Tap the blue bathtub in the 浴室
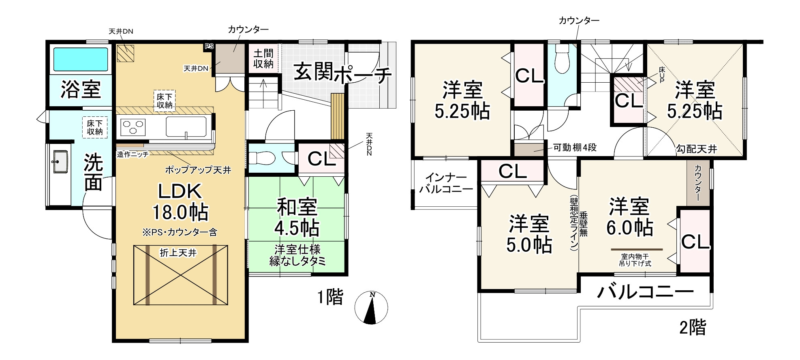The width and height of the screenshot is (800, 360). (81, 60)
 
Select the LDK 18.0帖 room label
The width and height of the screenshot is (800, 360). (180, 201)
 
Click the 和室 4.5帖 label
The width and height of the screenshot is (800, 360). (297, 217)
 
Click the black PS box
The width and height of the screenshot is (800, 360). (209, 47)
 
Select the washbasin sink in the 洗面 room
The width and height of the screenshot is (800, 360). (60, 161)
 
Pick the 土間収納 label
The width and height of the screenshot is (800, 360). (263, 59)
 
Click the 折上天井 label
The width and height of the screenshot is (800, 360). (178, 253)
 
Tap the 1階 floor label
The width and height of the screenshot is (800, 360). (330, 297)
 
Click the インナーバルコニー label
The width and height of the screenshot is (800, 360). (446, 183)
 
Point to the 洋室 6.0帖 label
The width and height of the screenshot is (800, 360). (629, 217)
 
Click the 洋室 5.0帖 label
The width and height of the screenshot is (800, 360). (529, 234)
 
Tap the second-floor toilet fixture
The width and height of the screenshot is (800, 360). (562, 59)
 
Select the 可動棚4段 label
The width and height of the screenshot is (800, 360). (575, 148)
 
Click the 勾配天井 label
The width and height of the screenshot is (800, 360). (696, 149)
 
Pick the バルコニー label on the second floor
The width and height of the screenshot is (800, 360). (645, 291)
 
